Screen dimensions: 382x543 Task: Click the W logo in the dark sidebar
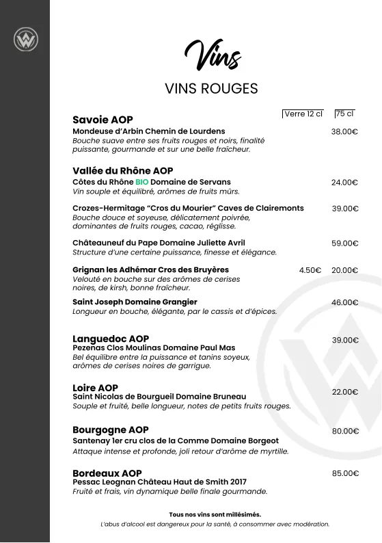click(x=25, y=40)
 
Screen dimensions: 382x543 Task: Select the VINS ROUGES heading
click(x=211, y=89)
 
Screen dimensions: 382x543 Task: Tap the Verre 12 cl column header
click(x=303, y=114)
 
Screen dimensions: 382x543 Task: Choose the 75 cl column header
click(x=344, y=114)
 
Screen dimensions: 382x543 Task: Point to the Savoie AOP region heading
click(x=103, y=120)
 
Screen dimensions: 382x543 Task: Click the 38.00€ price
click(x=345, y=131)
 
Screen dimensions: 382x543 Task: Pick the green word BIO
click(x=141, y=183)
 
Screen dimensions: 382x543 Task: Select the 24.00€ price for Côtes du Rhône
click(x=345, y=183)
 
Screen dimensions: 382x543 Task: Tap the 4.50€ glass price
click(x=310, y=270)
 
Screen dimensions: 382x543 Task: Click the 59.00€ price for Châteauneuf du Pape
click(x=345, y=243)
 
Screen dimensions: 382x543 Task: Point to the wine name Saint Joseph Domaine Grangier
click(x=135, y=302)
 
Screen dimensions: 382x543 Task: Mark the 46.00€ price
click(x=345, y=302)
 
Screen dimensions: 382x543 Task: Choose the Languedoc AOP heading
click(x=111, y=339)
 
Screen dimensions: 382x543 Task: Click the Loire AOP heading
click(x=96, y=388)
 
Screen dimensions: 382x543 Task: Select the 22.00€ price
click(x=345, y=392)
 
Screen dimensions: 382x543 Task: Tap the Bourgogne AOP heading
click(x=111, y=430)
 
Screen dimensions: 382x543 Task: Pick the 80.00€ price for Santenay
click(x=345, y=432)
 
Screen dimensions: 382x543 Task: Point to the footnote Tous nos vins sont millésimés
click(x=215, y=514)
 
